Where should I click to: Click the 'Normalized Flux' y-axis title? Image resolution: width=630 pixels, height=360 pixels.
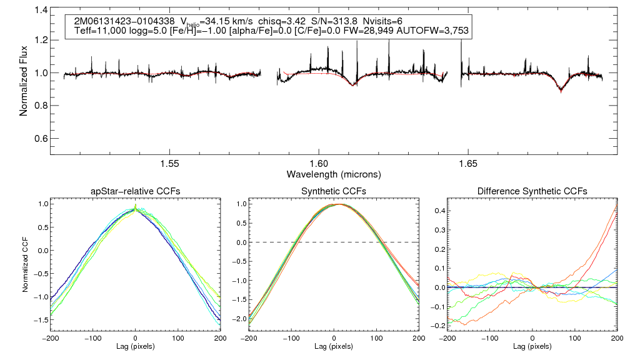coord(24,79)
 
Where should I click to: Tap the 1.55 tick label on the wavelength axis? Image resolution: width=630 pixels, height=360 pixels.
coord(170,163)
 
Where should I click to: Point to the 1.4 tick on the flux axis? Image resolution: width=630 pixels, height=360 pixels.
coord(42,11)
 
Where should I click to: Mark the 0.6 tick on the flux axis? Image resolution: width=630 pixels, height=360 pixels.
coord(42,138)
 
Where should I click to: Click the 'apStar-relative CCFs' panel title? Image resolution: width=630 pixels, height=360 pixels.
coord(136,191)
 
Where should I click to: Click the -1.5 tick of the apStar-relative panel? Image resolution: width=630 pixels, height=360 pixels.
coord(40,319)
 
